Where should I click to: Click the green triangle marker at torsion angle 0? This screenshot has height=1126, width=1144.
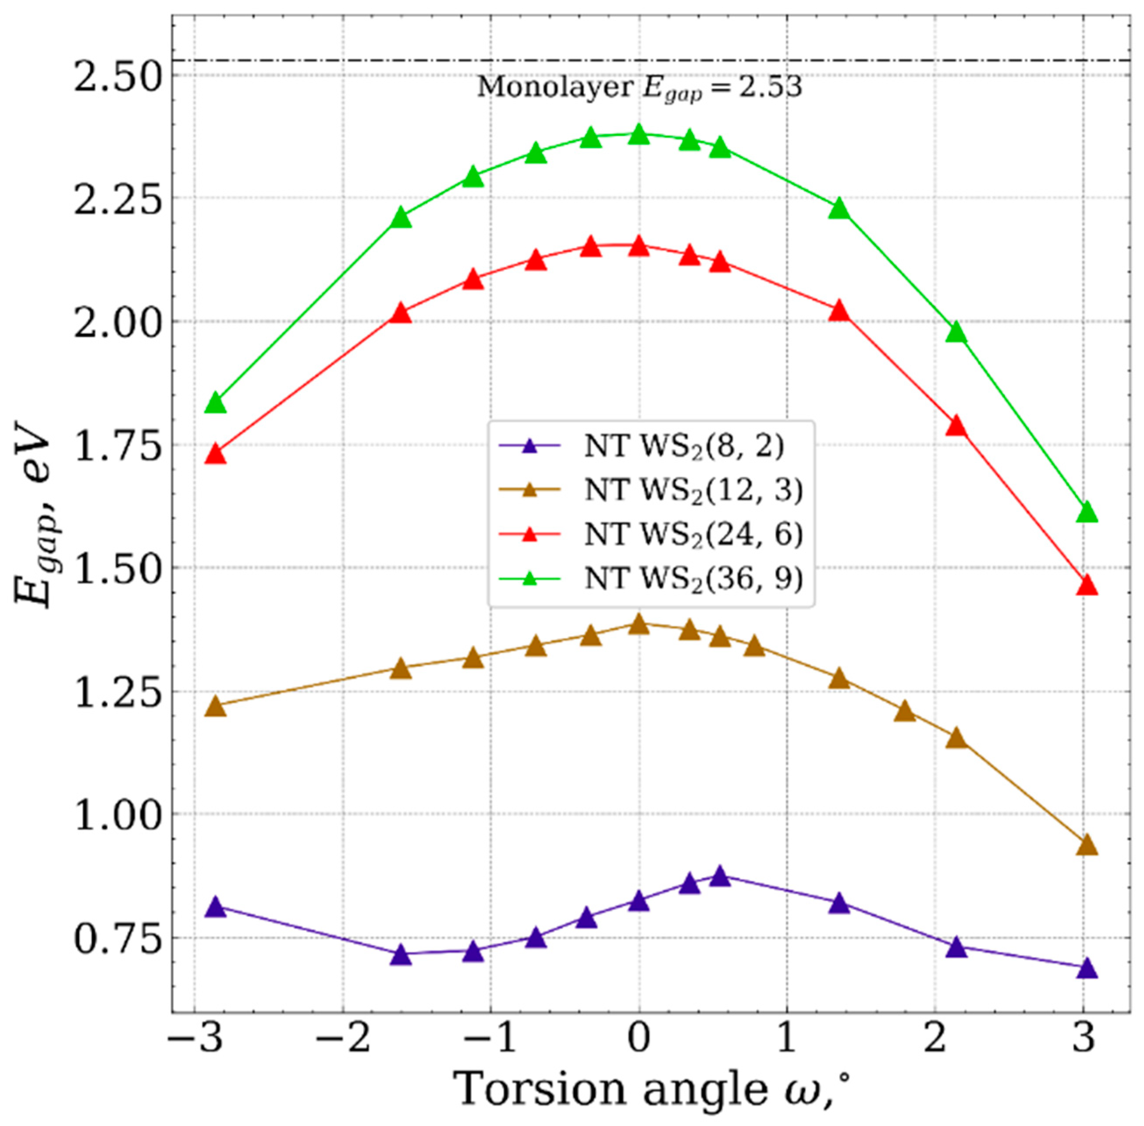tap(638, 135)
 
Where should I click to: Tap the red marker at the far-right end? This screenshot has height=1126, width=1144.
tap(1087, 586)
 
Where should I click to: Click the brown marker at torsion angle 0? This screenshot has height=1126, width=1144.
tap(638, 624)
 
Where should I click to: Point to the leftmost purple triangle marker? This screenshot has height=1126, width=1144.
tap(215, 908)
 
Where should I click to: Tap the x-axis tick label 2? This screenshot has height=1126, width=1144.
tap(934, 1055)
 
